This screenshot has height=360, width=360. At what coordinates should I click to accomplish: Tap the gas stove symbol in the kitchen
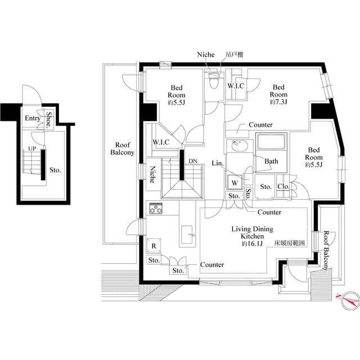click(x=156, y=208)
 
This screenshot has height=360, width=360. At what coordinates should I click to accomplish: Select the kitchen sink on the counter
click(x=187, y=235)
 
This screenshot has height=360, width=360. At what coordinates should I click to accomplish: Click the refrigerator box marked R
click(x=154, y=246)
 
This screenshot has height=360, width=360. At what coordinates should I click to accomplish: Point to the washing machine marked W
click(x=235, y=182)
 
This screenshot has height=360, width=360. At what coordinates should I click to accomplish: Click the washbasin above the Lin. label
click(x=240, y=146)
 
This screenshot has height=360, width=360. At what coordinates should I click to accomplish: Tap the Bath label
click(x=271, y=161)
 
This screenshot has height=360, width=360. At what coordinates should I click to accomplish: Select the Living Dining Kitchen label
click(x=253, y=232)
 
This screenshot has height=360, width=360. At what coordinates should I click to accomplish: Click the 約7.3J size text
click(x=278, y=102)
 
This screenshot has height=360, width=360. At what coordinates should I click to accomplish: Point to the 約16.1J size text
click(x=252, y=244)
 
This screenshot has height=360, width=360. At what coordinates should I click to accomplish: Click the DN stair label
click(x=193, y=161)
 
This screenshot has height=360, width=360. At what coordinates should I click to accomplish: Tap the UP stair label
click(x=32, y=148)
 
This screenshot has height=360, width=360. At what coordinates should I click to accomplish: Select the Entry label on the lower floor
click(x=33, y=118)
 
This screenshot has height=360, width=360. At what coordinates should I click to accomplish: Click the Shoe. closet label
click(x=49, y=120)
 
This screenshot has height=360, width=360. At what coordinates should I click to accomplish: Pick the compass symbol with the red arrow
click(x=350, y=301)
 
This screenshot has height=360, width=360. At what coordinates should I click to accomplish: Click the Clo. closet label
click(x=283, y=186)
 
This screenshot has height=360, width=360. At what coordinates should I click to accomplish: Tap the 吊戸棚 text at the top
click(x=234, y=55)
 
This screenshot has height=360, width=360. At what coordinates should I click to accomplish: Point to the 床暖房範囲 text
click(x=290, y=243)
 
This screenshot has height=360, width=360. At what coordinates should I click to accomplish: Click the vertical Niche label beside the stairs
click(x=152, y=174)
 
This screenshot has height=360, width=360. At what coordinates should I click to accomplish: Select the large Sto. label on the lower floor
click(x=55, y=170)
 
